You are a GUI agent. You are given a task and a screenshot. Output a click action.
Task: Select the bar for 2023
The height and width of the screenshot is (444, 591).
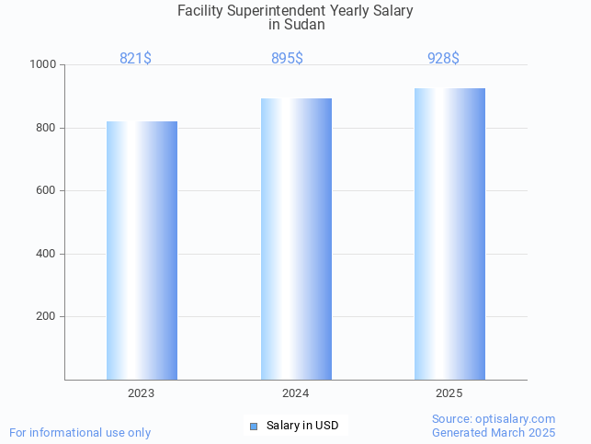tap(142, 250)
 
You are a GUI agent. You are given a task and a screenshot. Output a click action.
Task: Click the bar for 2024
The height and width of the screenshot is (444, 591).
tap(296, 239)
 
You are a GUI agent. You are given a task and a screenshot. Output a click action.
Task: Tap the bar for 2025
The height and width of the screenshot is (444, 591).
tap(449, 233)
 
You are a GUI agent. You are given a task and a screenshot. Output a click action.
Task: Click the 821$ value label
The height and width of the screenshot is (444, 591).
tap(135, 59)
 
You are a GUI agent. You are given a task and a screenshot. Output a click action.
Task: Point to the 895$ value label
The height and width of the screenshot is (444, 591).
tap(287, 59)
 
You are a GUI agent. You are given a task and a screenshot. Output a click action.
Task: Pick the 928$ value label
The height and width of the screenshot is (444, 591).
tap(443, 59)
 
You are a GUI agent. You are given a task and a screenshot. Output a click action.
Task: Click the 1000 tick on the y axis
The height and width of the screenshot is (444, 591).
tap(43, 65)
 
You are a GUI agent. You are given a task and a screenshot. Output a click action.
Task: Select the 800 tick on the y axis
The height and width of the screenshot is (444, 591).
tap(46, 128)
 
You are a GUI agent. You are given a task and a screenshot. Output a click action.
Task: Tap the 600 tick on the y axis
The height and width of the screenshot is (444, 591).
tap(46, 191)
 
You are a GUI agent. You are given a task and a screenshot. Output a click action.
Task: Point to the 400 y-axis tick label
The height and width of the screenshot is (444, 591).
tap(46, 254)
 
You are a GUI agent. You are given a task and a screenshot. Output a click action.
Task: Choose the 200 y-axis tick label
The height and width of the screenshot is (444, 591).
tap(46, 316)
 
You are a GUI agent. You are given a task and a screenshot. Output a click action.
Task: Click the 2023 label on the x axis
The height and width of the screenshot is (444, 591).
tap(142, 393)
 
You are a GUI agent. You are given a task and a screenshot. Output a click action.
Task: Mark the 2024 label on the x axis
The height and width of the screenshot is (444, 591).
tap(295, 393)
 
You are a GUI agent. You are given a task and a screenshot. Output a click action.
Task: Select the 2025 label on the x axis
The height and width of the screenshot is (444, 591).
tap(449, 393)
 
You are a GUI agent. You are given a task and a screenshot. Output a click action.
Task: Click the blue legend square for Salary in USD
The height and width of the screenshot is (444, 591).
tap(254, 426)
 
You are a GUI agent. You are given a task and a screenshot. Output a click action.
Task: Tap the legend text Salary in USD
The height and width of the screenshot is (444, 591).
tap(302, 426)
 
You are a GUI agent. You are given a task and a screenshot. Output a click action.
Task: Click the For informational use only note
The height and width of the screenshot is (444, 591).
tap(80, 432)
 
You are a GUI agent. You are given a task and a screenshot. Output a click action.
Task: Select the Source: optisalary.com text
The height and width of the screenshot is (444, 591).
tap(494, 419)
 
